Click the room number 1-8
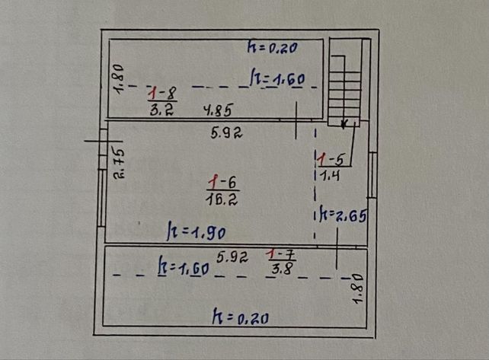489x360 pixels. pyautogui.click(x=162, y=93)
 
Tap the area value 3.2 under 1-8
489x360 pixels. pyautogui.click(x=161, y=110)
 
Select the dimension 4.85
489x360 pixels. pyautogui.click(x=218, y=110)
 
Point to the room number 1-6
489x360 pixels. pyautogui.click(x=222, y=183)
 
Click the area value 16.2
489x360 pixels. pyautogui.click(x=222, y=199)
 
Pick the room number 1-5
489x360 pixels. pyautogui.click(x=331, y=159)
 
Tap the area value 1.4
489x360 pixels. pyautogui.click(x=330, y=176)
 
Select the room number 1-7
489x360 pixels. pyautogui.click(x=280, y=255)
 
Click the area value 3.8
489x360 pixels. pyautogui.click(x=282, y=268)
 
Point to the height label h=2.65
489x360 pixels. pyautogui.click(x=343, y=215)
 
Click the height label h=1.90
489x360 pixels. pyautogui.click(x=197, y=231)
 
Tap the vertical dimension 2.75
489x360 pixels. pyautogui.click(x=119, y=163)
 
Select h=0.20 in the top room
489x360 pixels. pyautogui.click(x=272, y=47)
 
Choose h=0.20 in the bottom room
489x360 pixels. pyautogui.click(x=240, y=317)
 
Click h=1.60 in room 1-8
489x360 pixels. pyautogui.click(x=277, y=78)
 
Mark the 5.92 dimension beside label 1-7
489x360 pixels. pyautogui.click(x=232, y=257)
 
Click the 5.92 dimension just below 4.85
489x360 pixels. pyautogui.click(x=226, y=133)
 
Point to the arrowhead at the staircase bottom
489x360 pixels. pyautogui.click(x=344, y=124)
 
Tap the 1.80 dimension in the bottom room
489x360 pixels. pyautogui.click(x=358, y=288)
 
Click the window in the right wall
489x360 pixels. pyautogui.click(x=372, y=175)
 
